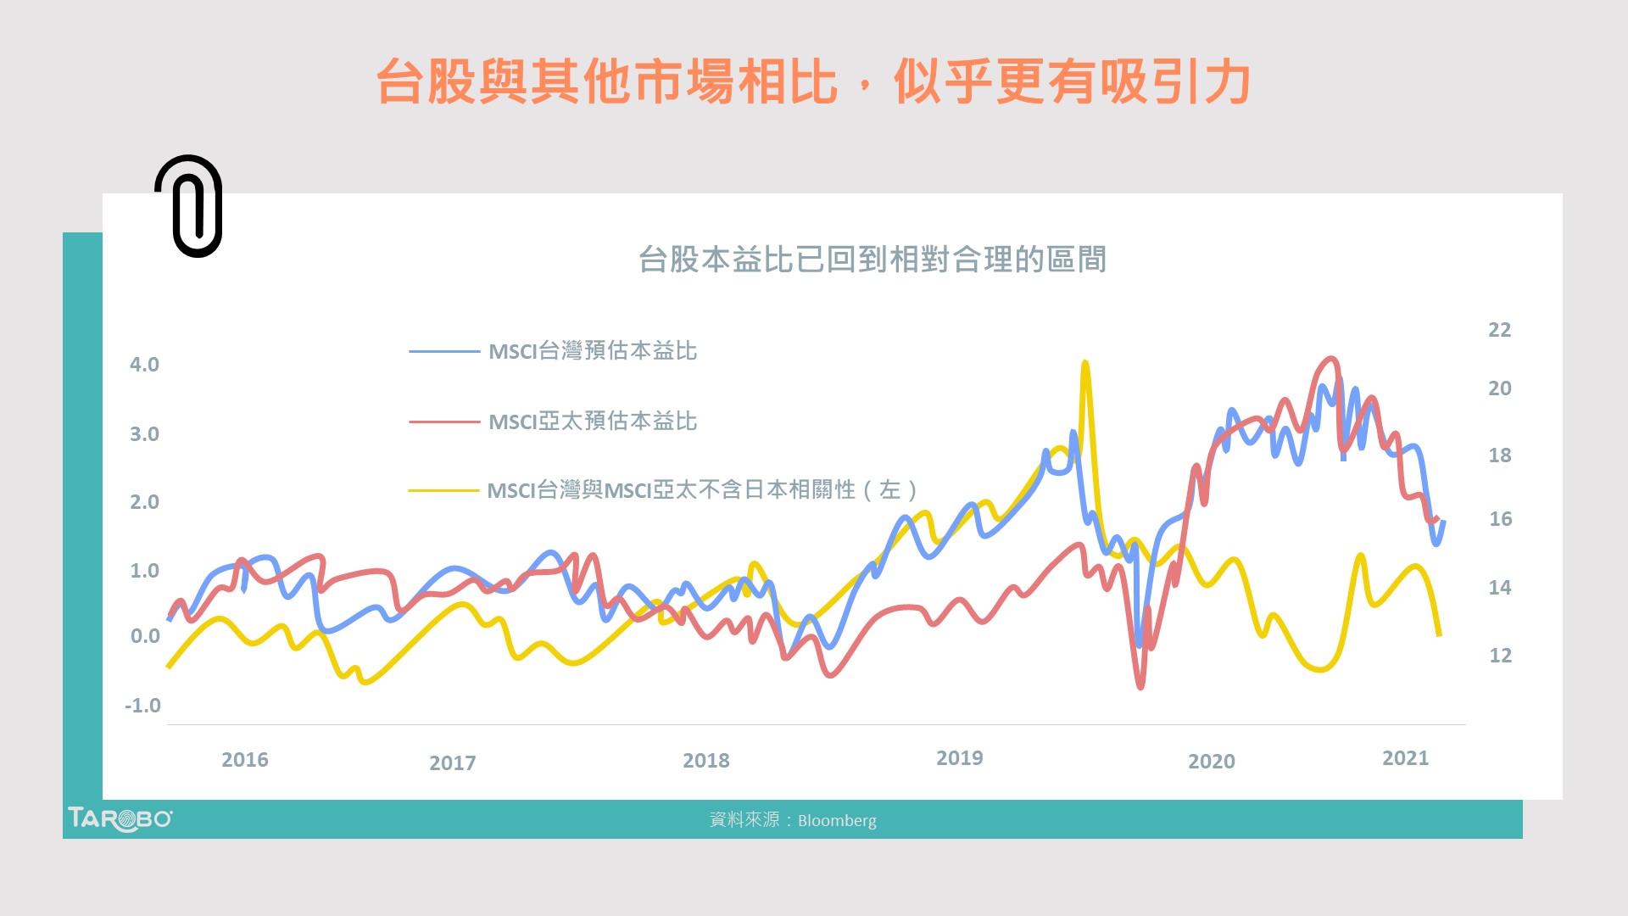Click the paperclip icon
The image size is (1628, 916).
pos(189,206)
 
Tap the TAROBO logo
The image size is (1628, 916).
pos(120,818)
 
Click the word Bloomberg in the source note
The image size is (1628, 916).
pos(837,820)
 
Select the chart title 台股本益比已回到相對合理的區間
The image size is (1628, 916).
pos(872,259)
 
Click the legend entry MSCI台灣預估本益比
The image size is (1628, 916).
pos(592,350)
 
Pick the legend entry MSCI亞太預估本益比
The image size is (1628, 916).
pos(592,421)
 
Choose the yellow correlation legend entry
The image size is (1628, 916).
pos(701,489)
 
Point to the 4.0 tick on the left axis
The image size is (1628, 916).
pos(144,365)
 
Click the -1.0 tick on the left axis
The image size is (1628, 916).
pos(142,706)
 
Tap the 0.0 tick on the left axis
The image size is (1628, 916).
pos(145,636)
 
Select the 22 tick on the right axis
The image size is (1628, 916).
pos(1499,330)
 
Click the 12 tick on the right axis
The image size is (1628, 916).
pos(1500,656)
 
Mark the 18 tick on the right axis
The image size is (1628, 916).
pos(1499,455)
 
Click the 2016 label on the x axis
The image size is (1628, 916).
pos(244,760)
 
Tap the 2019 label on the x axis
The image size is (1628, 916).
pos(959,758)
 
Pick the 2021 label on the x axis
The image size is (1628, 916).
pos(1405,758)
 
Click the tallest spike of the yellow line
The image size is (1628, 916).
pos(1084,364)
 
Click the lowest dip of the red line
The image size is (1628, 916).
pos(1140,685)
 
